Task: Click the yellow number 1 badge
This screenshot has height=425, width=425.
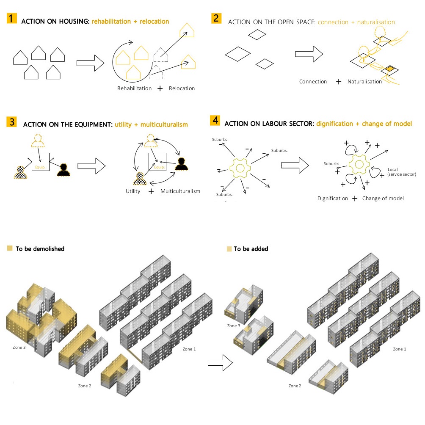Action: pyautogui.click(x=11, y=19)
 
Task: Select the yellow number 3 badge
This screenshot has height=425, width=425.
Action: pyautogui.click(x=12, y=122)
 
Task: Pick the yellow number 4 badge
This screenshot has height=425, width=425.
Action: pyautogui.click(x=215, y=121)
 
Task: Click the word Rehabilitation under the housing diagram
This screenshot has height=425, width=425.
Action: pyautogui.click(x=134, y=88)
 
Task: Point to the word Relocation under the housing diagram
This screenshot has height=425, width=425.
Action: pyautogui.click(x=182, y=88)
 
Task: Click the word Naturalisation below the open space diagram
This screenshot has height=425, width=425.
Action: pyautogui.click(x=364, y=82)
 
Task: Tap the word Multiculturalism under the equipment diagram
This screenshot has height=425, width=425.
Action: pyautogui.click(x=180, y=191)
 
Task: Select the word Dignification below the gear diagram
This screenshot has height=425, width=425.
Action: pyautogui.click(x=333, y=198)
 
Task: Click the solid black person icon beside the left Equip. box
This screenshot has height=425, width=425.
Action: pyautogui.click(x=64, y=169)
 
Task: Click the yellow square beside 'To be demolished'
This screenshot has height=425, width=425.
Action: pyautogui.click(x=10, y=248)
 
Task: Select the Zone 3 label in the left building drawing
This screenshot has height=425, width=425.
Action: pyautogui.click(x=19, y=347)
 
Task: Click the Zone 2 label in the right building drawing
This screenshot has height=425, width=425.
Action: pyautogui.click(x=295, y=386)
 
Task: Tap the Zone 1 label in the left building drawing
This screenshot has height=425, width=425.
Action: pyautogui.click(x=189, y=349)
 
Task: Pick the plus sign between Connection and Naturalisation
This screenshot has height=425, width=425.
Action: pyautogui.click(x=338, y=82)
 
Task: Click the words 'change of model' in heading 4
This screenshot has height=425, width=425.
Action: pyautogui.click(x=387, y=124)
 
